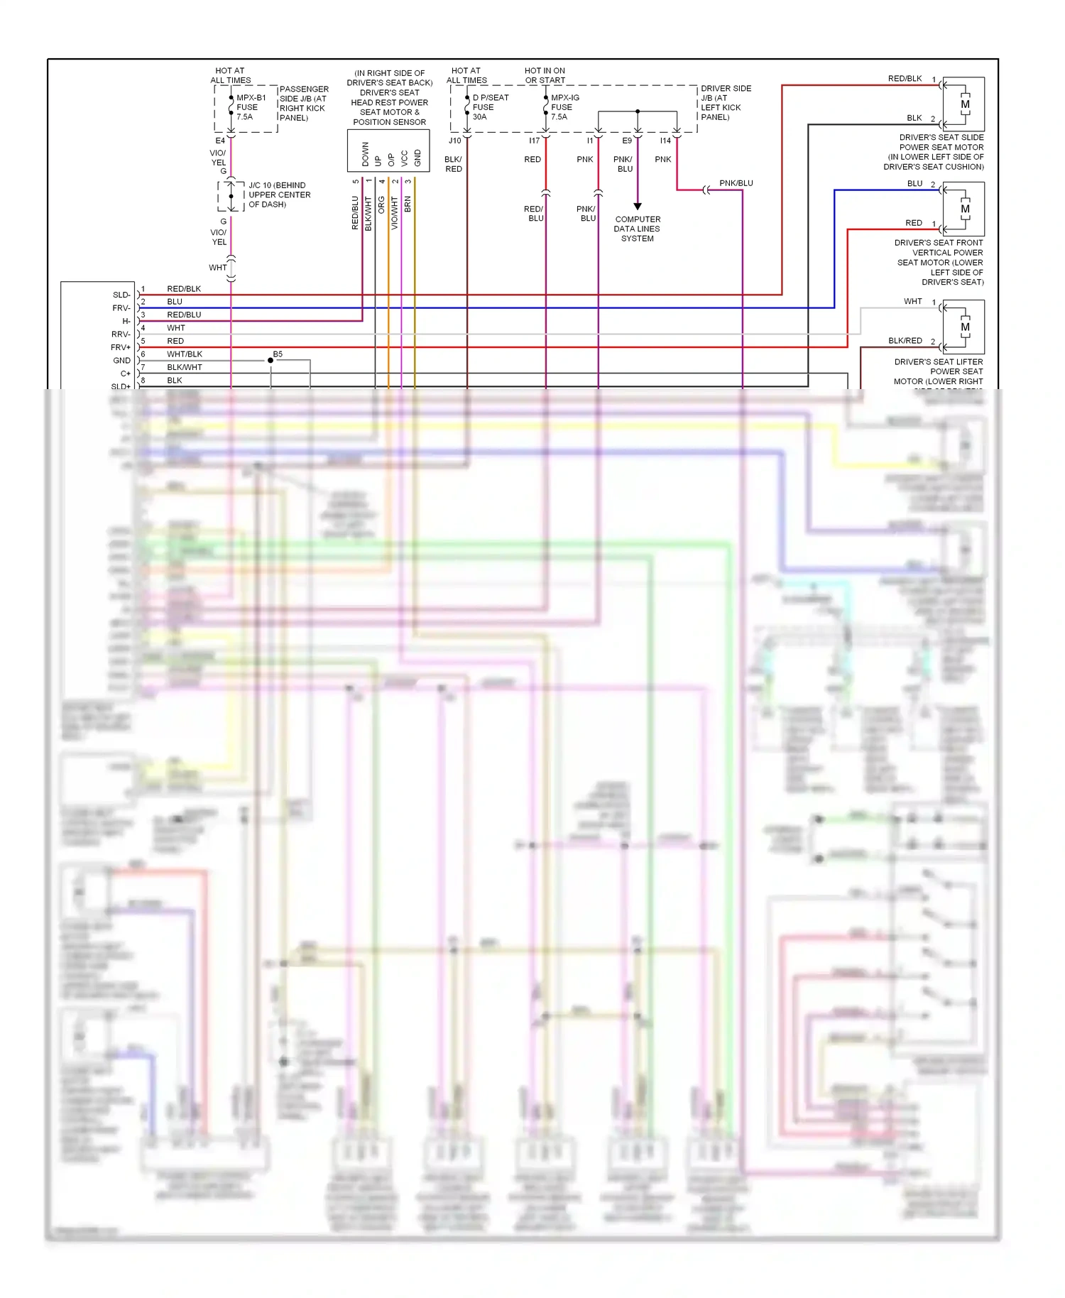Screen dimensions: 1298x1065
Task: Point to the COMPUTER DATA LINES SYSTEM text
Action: tap(637, 229)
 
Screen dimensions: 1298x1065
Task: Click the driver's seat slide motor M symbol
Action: tap(965, 104)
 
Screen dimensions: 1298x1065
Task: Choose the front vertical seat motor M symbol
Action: tap(965, 209)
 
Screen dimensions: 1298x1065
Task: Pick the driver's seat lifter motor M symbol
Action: tap(965, 327)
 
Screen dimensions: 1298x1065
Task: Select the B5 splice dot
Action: tap(271, 361)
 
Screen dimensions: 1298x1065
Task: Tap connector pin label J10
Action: tap(454, 141)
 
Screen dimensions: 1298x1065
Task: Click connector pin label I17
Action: tap(534, 141)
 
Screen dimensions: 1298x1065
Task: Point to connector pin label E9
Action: tap(627, 141)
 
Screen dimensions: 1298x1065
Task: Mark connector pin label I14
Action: tap(665, 141)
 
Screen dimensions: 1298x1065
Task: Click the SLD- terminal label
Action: tap(121, 295)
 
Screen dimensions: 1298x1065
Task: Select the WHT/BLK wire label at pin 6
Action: tap(185, 354)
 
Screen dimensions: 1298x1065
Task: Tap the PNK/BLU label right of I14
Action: tap(736, 183)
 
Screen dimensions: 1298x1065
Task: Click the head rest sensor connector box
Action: tap(388, 151)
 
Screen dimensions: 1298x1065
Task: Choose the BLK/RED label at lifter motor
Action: tap(905, 341)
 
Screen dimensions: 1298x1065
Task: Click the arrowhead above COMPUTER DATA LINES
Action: tap(638, 207)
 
